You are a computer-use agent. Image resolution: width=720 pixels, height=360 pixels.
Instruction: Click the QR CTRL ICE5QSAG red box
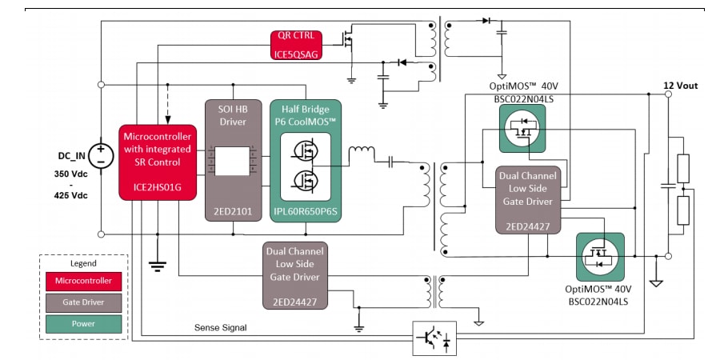coord(297,44)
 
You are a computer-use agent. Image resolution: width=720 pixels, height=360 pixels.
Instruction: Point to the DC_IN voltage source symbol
coord(101,154)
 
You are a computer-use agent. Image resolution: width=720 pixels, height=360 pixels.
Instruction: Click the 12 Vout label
coord(680,85)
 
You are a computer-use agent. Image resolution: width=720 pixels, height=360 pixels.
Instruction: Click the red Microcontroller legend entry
coord(84,281)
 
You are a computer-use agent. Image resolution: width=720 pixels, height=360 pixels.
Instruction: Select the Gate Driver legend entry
coord(84,302)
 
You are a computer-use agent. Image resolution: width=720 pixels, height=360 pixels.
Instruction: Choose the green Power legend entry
coord(84,324)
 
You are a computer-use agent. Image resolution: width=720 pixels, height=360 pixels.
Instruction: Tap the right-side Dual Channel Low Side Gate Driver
coord(528,200)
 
